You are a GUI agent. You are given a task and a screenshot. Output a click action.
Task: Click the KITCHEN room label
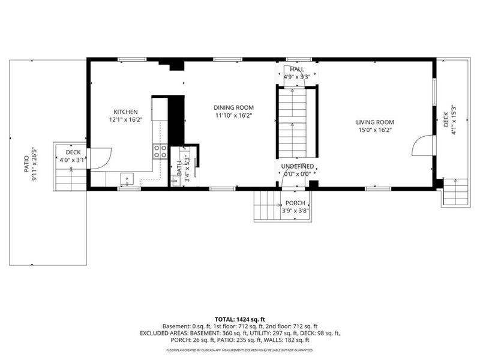[x=126, y=112]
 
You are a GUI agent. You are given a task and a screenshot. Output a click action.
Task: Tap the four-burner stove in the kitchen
[x=160, y=151]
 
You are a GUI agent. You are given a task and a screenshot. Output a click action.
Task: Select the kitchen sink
[x=128, y=178]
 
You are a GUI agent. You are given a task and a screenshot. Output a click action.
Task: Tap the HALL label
[x=296, y=70]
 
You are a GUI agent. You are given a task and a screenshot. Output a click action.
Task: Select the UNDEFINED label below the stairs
[x=296, y=166]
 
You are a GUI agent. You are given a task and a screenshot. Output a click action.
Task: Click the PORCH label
[x=295, y=203]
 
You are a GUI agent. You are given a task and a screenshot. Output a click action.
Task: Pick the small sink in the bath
[x=175, y=179]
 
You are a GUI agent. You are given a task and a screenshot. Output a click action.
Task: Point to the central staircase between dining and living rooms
[x=293, y=123]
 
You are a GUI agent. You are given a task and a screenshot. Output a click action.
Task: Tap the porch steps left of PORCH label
[x=266, y=205]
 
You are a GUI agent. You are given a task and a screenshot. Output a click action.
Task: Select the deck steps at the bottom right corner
[x=455, y=192]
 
